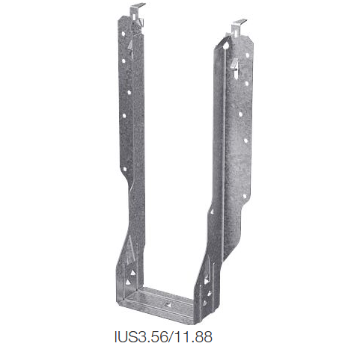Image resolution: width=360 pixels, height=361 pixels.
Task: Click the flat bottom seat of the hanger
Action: click(x=161, y=301)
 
